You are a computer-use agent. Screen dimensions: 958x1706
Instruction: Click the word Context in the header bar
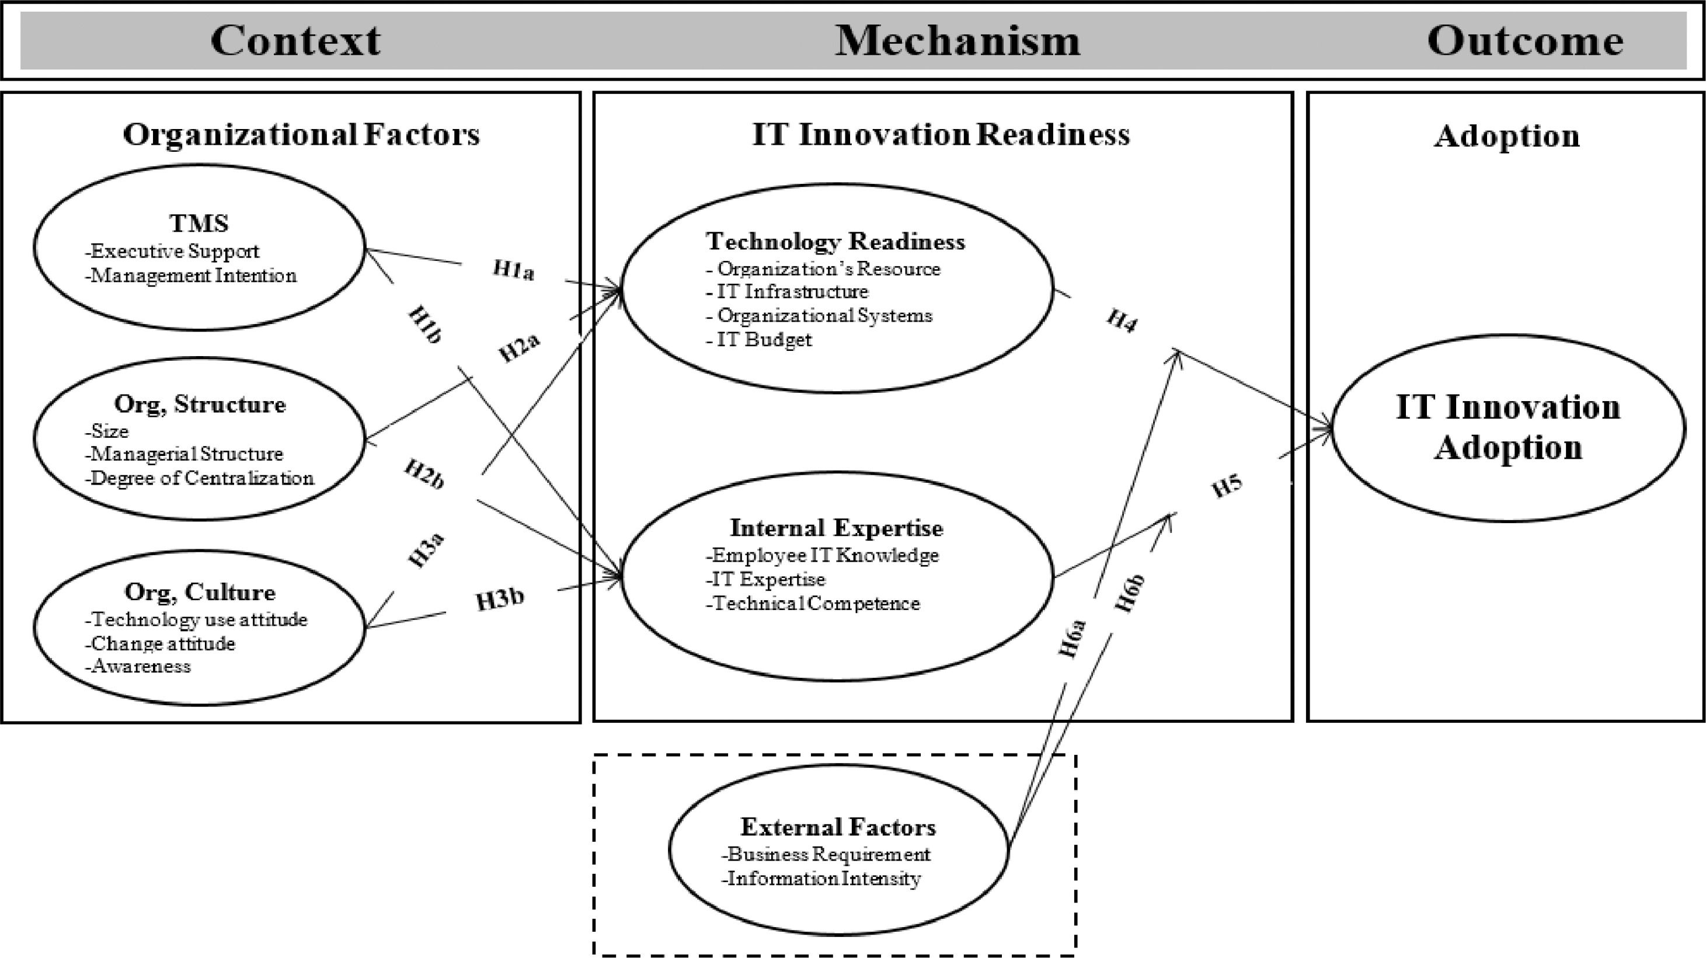click(x=295, y=40)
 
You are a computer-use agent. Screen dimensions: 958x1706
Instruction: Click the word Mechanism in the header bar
click(x=957, y=40)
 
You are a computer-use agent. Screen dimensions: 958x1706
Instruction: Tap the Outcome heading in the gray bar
click(x=1524, y=40)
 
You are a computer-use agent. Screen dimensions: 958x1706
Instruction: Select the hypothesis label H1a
click(x=513, y=270)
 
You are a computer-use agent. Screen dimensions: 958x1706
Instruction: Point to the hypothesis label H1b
click(x=424, y=325)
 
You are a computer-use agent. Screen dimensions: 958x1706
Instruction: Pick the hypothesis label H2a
click(x=519, y=347)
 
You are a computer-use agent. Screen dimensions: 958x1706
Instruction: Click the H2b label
click(x=424, y=474)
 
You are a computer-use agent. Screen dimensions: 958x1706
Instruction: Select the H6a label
click(x=1072, y=639)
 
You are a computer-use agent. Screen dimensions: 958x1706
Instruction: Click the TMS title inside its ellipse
click(x=199, y=223)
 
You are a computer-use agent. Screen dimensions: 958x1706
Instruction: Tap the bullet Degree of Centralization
click(x=201, y=478)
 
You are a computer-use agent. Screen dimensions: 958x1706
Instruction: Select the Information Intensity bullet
click(x=823, y=879)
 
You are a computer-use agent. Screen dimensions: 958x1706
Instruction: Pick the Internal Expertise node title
click(x=836, y=528)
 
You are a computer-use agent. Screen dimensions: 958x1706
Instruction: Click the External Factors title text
click(x=838, y=827)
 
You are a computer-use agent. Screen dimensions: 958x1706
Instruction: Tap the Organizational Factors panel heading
click(x=301, y=134)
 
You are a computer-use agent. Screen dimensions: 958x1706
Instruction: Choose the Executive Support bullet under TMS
click(x=174, y=251)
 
